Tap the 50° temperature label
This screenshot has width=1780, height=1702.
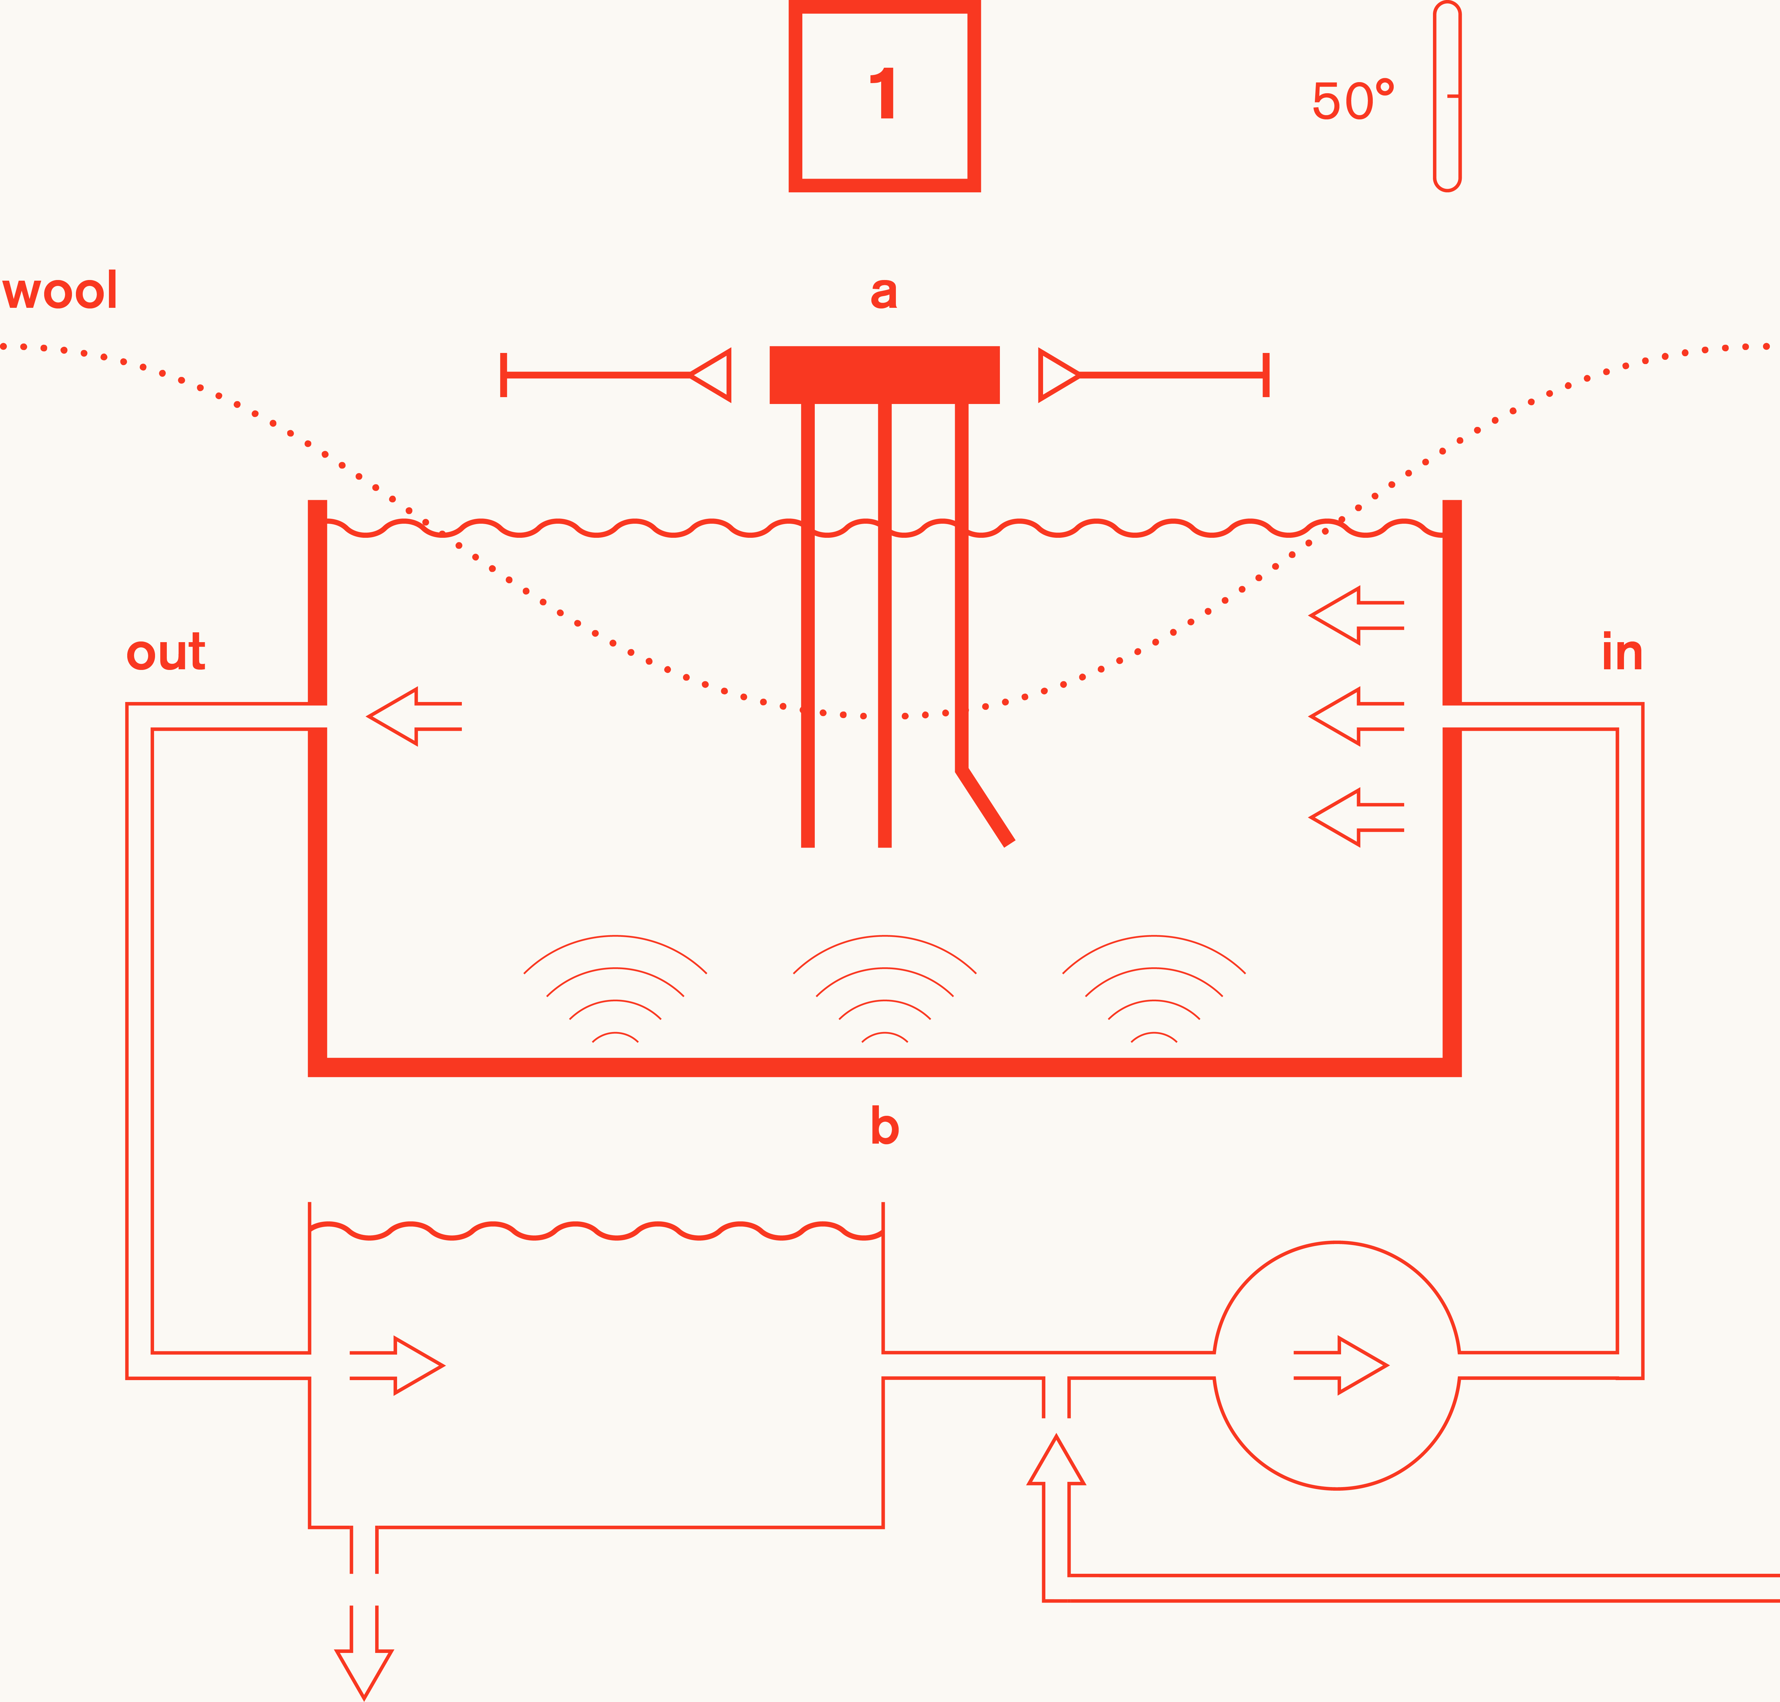point(1352,101)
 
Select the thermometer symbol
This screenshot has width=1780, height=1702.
point(1447,96)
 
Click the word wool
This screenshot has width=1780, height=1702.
point(60,291)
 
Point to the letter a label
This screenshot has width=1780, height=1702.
point(884,292)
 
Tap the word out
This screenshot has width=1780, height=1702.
point(166,652)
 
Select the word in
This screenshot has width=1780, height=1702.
point(1622,652)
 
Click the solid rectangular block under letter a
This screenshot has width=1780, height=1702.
point(884,375)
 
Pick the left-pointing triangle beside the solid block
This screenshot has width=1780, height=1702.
point(712,375)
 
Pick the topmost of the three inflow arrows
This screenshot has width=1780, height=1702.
point(1356,615)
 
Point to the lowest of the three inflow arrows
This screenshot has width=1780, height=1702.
point(1356,817)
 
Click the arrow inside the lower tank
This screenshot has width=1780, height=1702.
point(396,1364)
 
